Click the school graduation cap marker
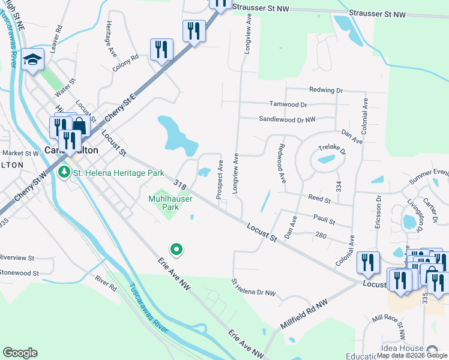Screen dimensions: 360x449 coord(32,60)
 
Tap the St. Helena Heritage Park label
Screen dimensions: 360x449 coord(119,173)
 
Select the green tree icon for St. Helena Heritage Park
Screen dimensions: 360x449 coord(65,173)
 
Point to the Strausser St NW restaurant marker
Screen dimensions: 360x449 coord(220,2)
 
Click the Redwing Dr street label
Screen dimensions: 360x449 coord(326,90)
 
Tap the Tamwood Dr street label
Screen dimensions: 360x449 coord(288,104)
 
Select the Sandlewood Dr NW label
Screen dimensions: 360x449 coord(287,119)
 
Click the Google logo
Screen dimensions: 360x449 coord(20,353)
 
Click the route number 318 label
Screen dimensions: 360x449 coord(178,183)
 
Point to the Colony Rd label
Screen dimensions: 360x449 coord(126,64)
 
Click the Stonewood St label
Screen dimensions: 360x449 coord(19,272)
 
